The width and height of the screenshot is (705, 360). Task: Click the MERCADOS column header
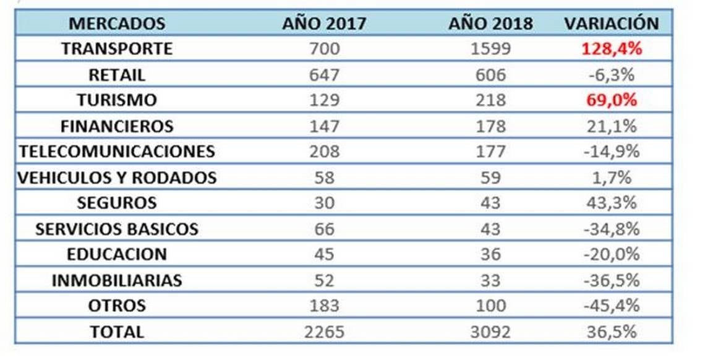[117, 24]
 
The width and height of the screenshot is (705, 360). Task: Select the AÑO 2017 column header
[324, 24]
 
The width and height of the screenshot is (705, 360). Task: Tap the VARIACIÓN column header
[611, 24]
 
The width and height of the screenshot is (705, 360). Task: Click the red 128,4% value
[611, 49]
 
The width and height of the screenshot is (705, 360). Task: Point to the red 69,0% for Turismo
[611, 100]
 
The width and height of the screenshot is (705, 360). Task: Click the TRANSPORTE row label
[117, 49]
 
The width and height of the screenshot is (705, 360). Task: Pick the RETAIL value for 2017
[324, 75]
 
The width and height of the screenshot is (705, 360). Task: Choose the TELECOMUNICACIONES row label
[117, 152]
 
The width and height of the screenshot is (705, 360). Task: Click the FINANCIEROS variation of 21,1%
[611, 126]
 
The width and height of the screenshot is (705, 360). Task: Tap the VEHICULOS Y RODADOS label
[117, 178]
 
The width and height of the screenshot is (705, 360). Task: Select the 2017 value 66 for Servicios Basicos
[324, 229]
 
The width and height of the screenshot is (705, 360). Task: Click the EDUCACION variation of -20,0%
[611, 254]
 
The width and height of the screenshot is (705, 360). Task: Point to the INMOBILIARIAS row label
[117, 280]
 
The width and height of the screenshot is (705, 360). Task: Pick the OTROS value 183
[324, 306]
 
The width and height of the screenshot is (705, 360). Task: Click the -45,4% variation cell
[611, 306]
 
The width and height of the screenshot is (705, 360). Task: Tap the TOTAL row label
[117, 332]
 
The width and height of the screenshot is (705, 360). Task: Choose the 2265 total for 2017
[324, 332]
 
